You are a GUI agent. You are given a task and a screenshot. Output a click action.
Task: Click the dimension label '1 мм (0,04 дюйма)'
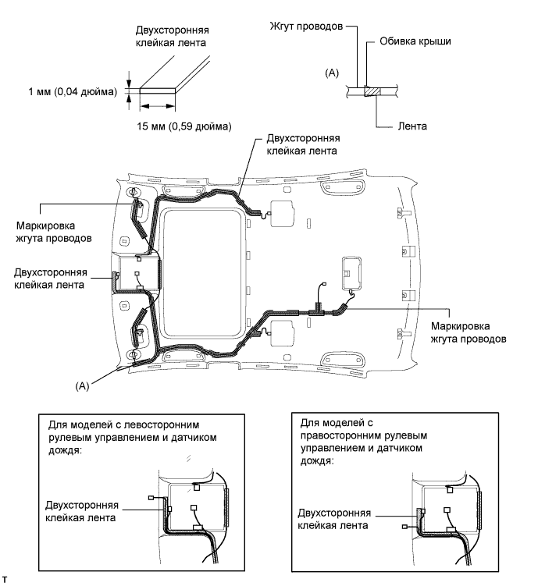[73, 91]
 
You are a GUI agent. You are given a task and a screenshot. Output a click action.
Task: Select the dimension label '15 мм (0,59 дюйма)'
[184, 126]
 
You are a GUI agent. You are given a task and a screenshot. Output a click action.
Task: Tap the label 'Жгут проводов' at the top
[306, 27]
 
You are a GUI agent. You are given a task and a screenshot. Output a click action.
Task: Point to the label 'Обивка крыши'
[415, 41]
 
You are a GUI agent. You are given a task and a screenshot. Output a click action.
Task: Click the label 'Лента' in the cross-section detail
[412, 126]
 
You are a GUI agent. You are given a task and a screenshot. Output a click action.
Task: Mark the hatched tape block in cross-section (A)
[372, 91]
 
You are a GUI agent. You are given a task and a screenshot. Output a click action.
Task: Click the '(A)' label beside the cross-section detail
[332, 73]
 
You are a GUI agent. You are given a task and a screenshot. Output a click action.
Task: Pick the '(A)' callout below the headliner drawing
[82, 386]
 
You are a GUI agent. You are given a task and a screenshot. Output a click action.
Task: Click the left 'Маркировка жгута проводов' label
[54, 232]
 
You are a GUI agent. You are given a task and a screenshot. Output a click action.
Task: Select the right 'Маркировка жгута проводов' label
[469, 332]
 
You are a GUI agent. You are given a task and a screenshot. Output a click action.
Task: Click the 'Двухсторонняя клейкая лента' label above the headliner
[303, 144]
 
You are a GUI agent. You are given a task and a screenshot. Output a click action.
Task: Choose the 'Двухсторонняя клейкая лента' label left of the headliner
[51, 279]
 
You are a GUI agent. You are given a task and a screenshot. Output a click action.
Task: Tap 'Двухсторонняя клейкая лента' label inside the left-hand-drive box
[81, 511]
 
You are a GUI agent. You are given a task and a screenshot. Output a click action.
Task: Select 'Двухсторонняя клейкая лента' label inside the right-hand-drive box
[334, 519]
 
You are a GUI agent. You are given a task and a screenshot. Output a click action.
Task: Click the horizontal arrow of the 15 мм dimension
[158, 106]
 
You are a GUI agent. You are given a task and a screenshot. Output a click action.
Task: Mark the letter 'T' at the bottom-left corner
[5, 580]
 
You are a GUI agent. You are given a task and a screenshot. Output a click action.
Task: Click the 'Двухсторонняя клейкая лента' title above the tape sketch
[172, 36]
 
